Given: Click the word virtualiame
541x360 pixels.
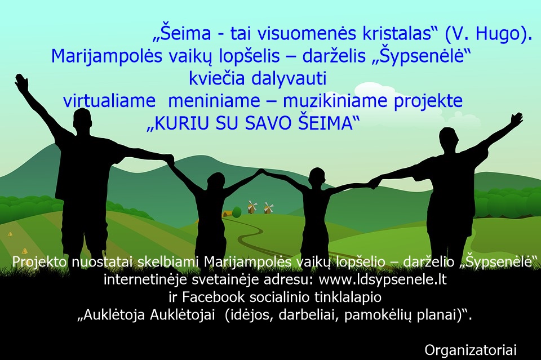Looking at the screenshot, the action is [x=109, y=101].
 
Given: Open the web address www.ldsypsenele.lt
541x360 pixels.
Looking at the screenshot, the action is [x=383, y=279].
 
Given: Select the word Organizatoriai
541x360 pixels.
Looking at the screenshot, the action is [x=471, y=350].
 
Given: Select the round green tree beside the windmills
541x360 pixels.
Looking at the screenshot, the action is [x=236, y=212].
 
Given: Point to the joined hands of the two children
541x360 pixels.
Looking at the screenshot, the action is [x=262, y=171].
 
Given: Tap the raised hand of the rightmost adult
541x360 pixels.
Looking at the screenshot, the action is [x=516, y=119].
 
